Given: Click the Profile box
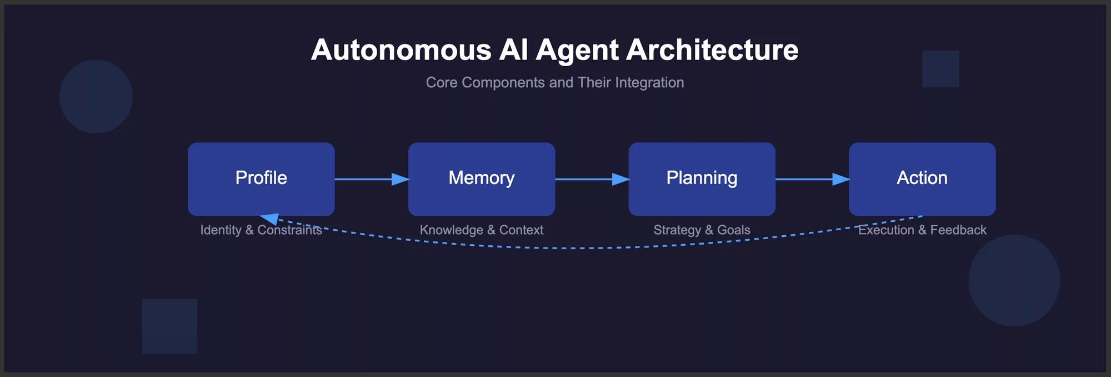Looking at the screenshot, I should point(261,178).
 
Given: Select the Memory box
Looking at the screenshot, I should point(481,178).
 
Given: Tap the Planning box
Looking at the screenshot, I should point(702,178).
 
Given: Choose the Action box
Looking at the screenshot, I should point(922,178).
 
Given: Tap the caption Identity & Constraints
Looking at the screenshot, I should point(261,230).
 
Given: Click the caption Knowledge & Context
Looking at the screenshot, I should point(481,230).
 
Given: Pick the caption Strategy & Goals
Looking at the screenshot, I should point(702,230).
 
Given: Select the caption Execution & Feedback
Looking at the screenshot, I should point(922,230).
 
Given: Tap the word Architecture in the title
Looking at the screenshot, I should point(712,50).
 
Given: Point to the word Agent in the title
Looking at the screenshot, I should point(577,50).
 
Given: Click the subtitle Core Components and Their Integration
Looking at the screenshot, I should point(554,83).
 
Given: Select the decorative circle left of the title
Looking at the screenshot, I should point(96,97).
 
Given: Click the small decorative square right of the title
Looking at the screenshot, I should point(940,69).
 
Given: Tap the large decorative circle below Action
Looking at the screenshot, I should point(1014,280).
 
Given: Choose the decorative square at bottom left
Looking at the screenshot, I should point(169,326).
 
